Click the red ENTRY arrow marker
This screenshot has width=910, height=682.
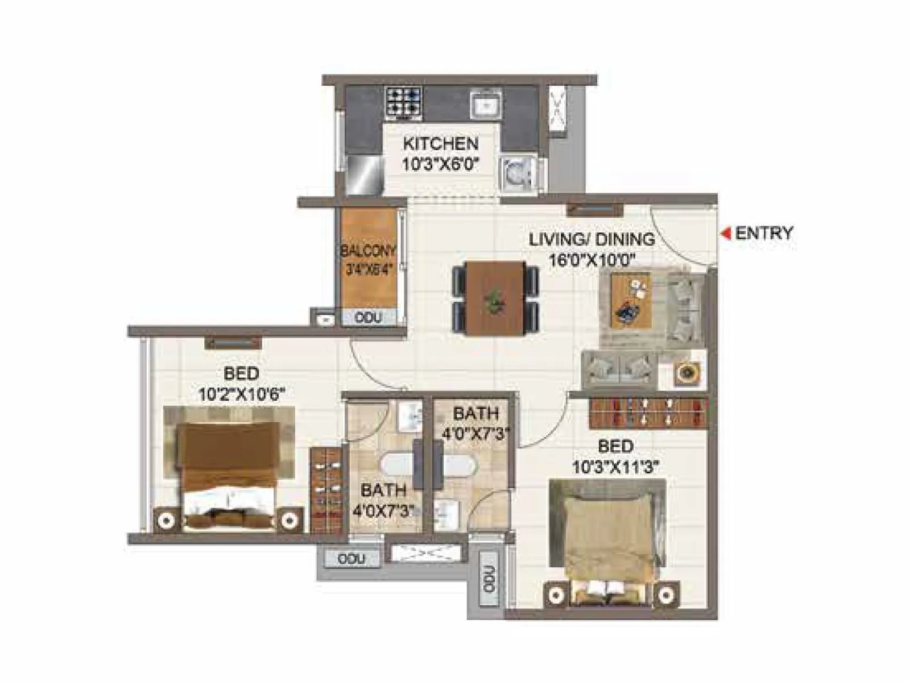[726, 234]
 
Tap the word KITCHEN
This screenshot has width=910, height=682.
[441, 143]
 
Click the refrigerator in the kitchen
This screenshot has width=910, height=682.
[364, 175]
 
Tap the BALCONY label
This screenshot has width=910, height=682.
[367, 251]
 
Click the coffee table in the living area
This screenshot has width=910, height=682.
[631, 300]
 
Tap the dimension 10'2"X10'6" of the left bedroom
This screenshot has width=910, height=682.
[241, 394]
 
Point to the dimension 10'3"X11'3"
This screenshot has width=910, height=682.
[615, 467]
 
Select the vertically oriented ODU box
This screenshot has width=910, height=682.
[489, 580]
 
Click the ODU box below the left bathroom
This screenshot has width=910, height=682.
[351, 559]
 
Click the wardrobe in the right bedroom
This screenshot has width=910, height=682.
[647, 413]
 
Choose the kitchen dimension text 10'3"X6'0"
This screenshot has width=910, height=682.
[441, 165]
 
